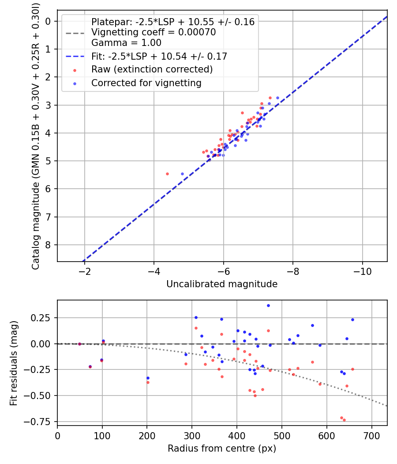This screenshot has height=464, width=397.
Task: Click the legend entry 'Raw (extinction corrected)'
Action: click(x=152, y=69)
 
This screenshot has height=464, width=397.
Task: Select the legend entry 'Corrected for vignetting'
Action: click(x=146, y=83)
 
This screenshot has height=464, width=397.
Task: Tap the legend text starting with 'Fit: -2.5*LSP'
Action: click(x=159, y=56)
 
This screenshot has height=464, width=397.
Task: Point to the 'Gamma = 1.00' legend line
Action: click(x=126, y=43)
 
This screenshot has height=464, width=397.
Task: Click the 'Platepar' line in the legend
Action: click(x=172, y=22)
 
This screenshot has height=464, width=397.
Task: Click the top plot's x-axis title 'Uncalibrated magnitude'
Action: click(x=222, y=284)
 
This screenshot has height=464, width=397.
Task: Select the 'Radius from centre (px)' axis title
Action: click(x=222, y=449)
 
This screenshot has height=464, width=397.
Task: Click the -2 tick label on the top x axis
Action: click(x=84, y=270)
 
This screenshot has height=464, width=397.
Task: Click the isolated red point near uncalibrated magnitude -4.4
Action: click(x=167, y=174)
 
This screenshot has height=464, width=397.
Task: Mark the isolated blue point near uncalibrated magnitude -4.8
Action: click(x=182, y=174)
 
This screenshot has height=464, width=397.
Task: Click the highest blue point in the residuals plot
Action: click(x=268, y=305)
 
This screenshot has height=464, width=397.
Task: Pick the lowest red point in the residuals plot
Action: click(x=344, y=420)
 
